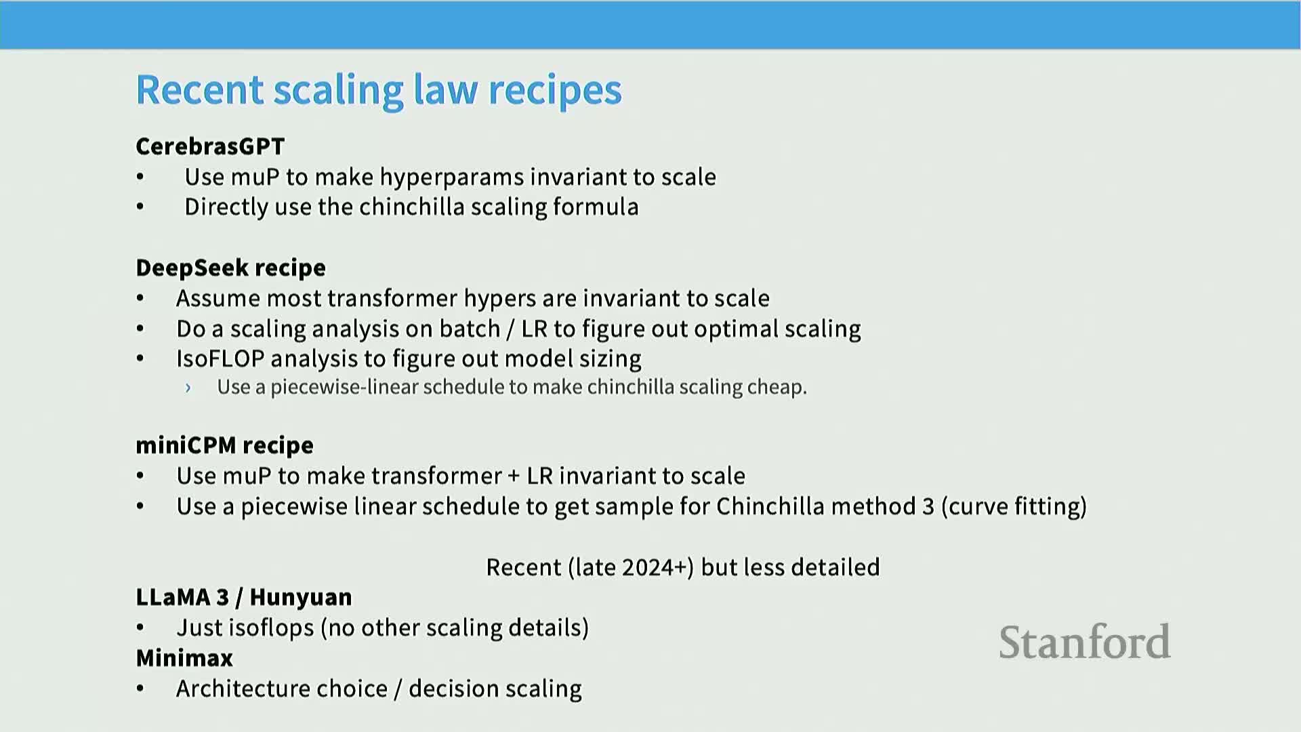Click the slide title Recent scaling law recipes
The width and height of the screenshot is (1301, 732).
379,90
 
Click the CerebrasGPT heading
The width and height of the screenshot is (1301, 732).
210,146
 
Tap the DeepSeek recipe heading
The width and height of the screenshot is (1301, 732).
230,268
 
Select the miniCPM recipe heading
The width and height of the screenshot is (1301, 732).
224,445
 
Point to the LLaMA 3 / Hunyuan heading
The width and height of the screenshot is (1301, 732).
244,597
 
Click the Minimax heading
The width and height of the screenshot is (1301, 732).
184,658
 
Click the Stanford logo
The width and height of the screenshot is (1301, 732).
1085,642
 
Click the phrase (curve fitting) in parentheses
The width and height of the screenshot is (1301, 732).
1014,507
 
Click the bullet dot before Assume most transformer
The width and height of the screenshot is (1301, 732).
140,299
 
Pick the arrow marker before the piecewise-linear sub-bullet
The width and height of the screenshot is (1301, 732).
188,388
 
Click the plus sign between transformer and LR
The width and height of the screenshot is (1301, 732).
514,476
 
